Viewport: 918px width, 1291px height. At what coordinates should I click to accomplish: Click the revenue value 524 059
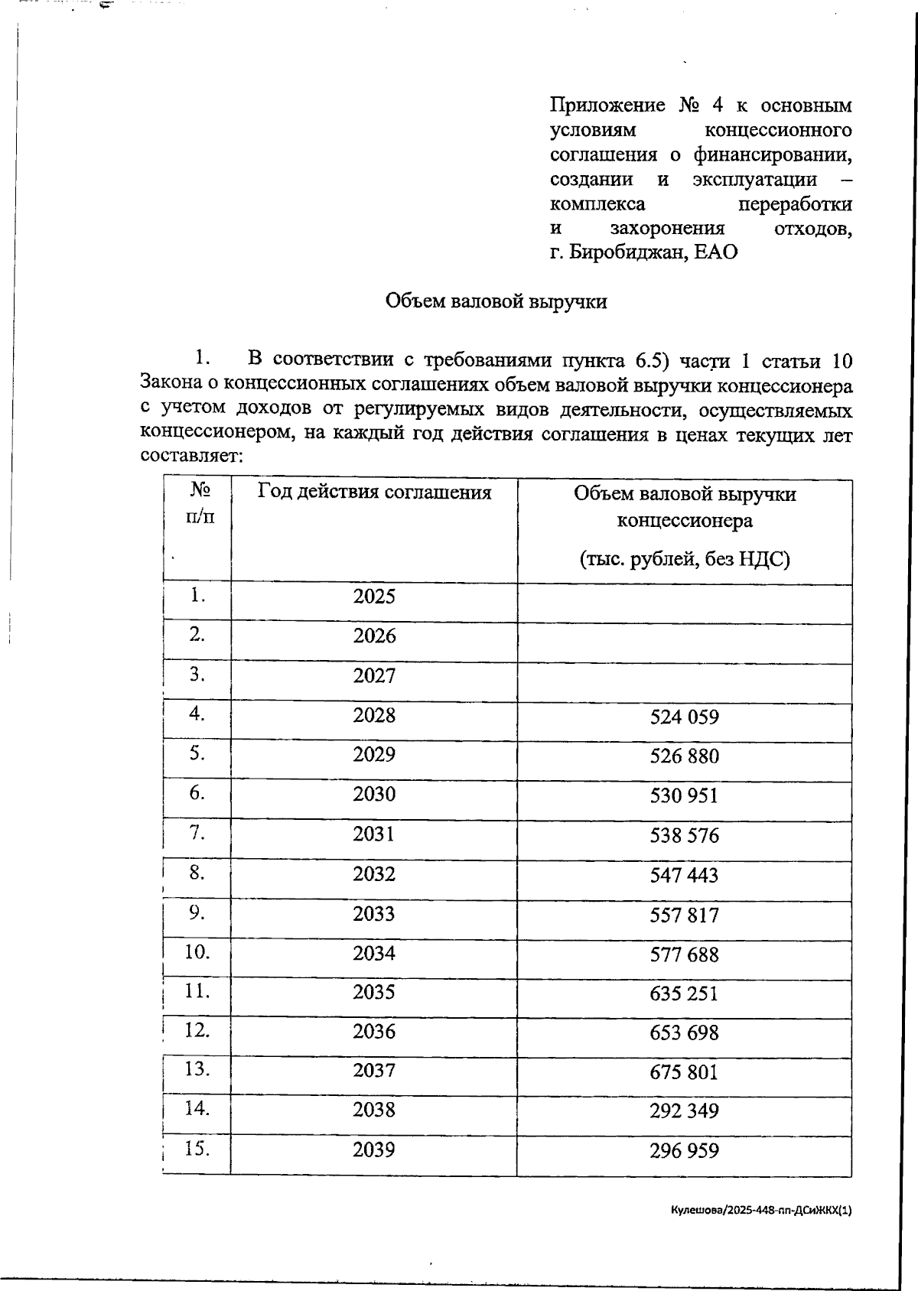(x=684, y=717)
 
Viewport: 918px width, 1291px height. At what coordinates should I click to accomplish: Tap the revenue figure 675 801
(x=684, y=1072)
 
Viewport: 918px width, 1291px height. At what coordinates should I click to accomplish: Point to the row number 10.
(x=197, y=952)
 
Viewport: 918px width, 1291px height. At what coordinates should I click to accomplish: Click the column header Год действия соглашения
(x=374, y=492)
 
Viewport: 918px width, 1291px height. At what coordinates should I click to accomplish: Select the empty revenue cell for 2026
(x=684, y=642)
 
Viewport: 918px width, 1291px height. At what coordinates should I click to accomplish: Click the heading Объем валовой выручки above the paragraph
(x=496, y=301)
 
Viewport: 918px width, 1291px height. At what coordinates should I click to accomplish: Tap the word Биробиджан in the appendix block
(x=625, y=252)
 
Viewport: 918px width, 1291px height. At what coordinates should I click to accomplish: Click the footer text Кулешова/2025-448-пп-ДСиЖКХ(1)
(x=760, y=1211)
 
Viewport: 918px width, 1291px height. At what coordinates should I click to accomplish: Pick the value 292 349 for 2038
(x=684, y=1111)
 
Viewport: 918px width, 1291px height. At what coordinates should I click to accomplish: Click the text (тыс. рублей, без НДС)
(x=684, y=560)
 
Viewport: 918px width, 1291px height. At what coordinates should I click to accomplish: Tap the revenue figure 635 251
(x=684, y=994)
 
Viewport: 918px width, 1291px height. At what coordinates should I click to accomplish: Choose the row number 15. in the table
(x=197, y=1149)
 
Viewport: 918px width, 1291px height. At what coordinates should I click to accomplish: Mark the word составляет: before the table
(x=191, y=457)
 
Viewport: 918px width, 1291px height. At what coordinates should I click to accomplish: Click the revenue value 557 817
(x=684, y=915)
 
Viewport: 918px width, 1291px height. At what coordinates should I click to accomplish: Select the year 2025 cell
(x=374, y=597)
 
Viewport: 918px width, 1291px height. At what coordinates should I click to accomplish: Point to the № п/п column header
(x=200, y=502)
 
